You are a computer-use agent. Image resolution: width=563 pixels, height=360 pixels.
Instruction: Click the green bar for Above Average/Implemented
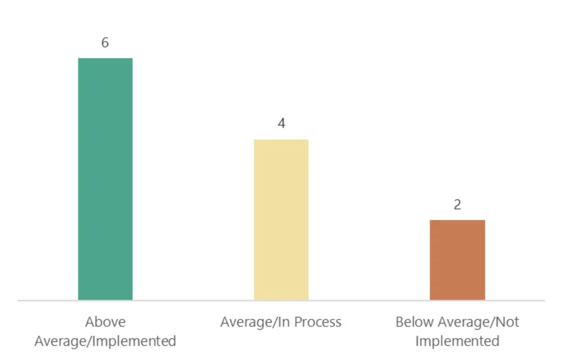[x=106, y=179]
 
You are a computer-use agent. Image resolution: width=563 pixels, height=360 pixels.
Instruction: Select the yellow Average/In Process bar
[x=281, y=220]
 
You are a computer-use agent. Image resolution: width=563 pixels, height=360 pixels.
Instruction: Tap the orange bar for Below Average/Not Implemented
[x=457, y=260]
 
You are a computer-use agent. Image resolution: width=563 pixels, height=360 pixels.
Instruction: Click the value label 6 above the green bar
[x=105, y=43]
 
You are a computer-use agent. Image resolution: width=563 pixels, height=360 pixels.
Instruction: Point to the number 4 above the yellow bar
[x=281, y=124]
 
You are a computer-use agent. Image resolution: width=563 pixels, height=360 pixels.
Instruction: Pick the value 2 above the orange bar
[x=457, y=205]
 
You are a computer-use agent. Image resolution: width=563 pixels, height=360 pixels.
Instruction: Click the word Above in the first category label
[x=106, y=322]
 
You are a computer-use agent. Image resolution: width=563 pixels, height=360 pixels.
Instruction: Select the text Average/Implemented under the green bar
[x=106, y=341]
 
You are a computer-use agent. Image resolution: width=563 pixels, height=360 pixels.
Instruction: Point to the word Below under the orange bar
[x=412, y=322]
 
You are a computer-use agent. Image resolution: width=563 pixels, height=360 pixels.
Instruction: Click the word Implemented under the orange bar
[x=457, y=341]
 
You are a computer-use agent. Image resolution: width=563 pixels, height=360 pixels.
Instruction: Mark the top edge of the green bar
[x=106, y=59]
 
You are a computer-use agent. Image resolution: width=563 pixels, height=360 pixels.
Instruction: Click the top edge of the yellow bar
[x=281, y=140]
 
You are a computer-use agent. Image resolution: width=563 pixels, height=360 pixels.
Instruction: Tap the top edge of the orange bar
[x=457, y=220]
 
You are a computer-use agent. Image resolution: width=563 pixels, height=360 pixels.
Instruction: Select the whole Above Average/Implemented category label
[x=106, y=331]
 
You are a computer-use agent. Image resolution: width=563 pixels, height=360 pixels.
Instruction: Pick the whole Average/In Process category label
[x=281, y=322]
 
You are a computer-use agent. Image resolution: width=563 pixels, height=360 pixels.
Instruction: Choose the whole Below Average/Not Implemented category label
[x=457, y=331]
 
